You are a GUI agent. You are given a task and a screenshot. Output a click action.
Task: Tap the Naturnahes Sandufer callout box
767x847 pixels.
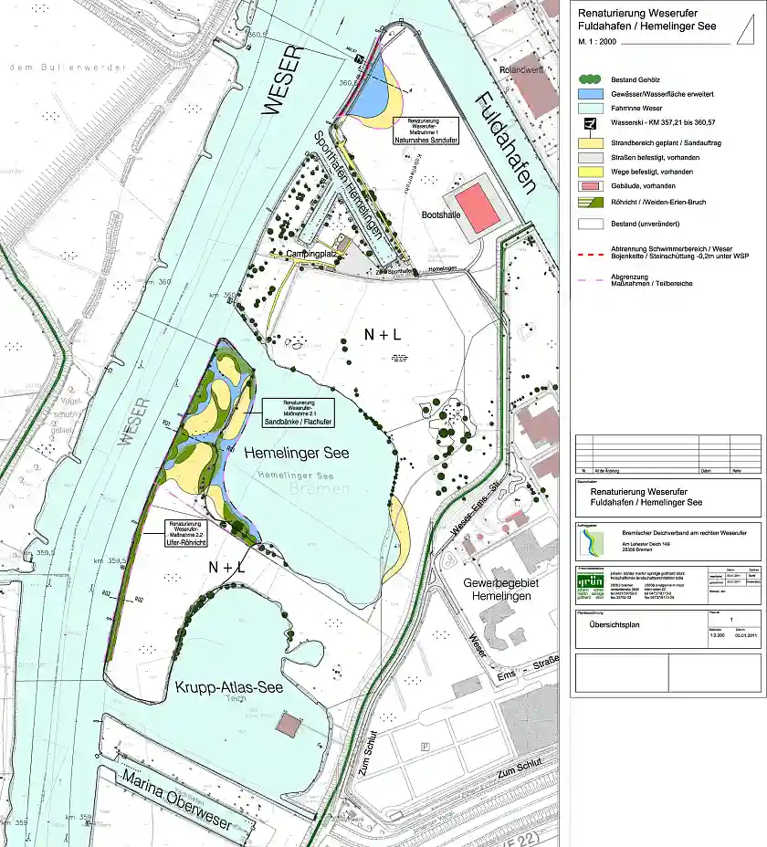(x=425, y=133)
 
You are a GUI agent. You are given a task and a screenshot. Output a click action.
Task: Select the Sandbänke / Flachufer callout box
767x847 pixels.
(x=297, y=413)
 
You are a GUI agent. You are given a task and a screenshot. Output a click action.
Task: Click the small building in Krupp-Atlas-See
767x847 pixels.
(x=289, y=726)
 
